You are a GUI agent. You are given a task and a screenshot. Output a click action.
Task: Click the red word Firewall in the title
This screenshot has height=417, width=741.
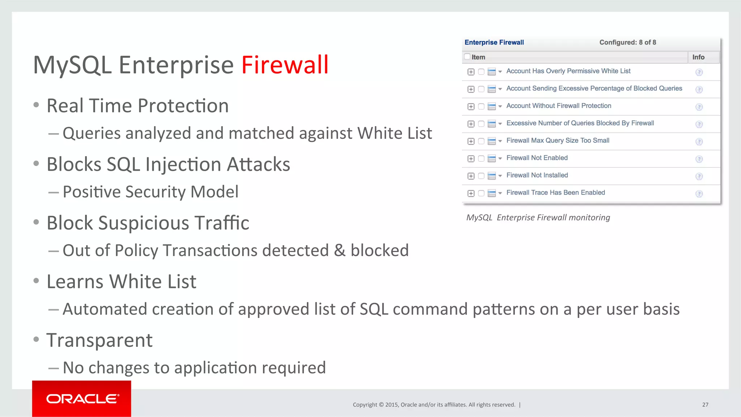tap(285, 65)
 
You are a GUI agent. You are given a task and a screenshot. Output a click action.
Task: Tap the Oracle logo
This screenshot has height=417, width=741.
tap(82, 399)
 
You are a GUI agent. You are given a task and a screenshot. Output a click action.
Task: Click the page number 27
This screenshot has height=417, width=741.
tap(705, 405)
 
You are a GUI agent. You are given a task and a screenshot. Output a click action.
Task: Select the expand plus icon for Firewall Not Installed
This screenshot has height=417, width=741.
tap(471, 176)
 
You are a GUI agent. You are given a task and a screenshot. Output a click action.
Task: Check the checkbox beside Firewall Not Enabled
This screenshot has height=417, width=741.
tap(481, 158)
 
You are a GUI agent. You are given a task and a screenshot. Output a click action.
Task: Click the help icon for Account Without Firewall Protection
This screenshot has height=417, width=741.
tap(699, 107)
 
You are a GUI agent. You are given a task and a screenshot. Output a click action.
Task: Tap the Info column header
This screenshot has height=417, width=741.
tap(698, 57)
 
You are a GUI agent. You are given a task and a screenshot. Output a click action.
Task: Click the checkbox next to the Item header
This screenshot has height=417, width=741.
tap(467, 56)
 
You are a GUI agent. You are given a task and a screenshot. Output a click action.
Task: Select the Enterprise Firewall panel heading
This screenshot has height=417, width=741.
tap(494, 42)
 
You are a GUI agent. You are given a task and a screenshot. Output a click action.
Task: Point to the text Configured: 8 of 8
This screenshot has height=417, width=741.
tap(627, 42)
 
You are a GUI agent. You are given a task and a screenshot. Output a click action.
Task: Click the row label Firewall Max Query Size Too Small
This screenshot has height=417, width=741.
tap(558, 140)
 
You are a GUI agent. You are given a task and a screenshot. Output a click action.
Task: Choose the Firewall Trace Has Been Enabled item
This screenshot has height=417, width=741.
tap(555, 192)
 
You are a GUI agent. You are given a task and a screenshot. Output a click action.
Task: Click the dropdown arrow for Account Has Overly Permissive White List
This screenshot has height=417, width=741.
tap(500, 72)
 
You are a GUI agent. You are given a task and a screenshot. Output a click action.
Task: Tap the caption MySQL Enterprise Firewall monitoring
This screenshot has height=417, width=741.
tap(538, 217)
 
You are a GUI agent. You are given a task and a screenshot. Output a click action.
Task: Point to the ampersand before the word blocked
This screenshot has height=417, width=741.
tap(339, 250)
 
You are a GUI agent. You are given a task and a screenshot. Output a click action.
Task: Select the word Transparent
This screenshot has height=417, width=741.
tap(99, 340)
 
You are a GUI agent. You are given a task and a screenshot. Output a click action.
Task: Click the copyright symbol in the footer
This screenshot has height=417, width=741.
tap(381, 405)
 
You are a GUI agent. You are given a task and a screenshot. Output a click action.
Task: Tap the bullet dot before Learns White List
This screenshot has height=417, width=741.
tap(36, 281)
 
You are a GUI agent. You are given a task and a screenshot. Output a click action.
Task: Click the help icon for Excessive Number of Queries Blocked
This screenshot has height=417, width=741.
tap(699, 124)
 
